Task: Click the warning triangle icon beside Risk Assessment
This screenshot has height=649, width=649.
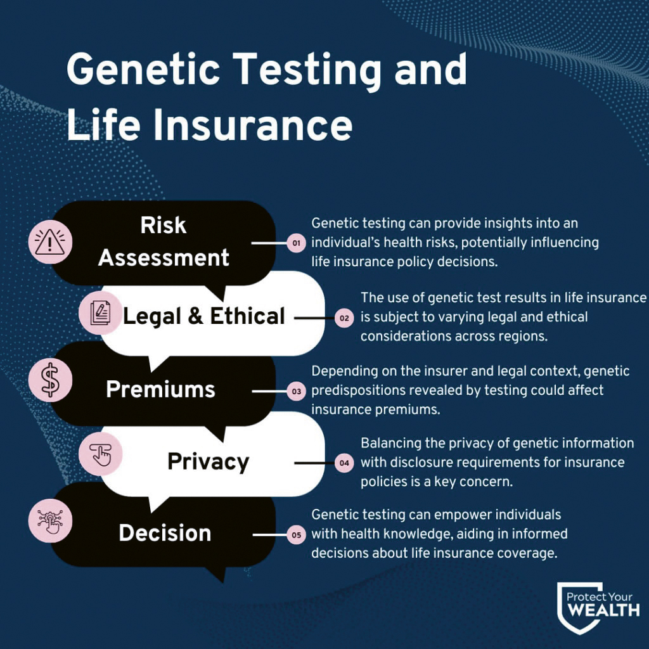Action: click(x=49, y=241)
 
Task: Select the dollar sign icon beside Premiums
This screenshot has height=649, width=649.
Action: click(x=50, y=380)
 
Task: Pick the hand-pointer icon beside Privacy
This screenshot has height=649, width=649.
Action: click(x=101, y=454)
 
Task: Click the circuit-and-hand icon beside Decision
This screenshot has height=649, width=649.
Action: click(x=50, y=521)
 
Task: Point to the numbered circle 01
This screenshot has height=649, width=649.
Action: click(x=297, y=243)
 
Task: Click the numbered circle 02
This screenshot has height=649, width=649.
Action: click(x=344, y=318)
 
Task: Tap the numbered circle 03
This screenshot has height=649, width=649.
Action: click(x=297, y=391)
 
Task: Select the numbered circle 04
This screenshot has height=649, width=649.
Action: click(x=344, y=463)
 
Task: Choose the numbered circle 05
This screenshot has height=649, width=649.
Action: click(x=297, y=535)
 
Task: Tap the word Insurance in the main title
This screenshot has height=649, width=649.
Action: click(x=253, y=125)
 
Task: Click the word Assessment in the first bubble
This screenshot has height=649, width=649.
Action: click(x=164, y=258)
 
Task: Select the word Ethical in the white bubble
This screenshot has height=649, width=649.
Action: click(x=248, y=316)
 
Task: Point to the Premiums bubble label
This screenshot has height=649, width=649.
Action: click(x=160, y=389)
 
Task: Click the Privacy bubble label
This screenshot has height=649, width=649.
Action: click(x=208, y=462)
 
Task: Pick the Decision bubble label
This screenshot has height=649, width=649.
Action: click(x=165, y=532)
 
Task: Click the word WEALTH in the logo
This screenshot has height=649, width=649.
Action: click(x=603, y=610)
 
